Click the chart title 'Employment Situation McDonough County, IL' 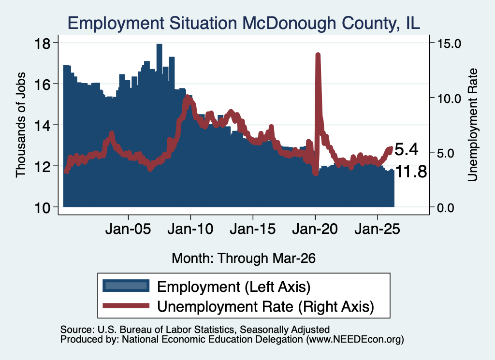coord(244,23)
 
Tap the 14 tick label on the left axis coord(43,126)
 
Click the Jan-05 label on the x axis coord(128,229)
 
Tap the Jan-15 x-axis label coord(252,229)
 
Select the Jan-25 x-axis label coord(377,229)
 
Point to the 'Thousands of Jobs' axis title coord(20,125)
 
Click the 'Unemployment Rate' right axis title coord(473,125)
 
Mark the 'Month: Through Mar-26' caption coord(244,258)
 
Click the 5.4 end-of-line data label coord(407,149)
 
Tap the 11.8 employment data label coord(411,172)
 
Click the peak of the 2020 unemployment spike coord(318,55)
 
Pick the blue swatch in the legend coord(126,286)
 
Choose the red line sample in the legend coord(126,306)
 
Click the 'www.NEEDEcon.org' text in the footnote coord(355,340)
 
